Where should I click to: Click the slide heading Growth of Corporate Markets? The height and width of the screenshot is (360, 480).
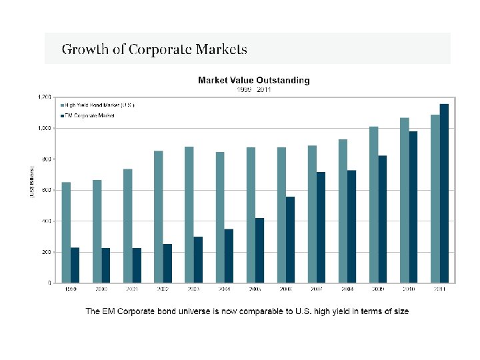(x=154, y=49)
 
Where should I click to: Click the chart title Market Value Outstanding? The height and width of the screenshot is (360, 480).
(x=253, y=80)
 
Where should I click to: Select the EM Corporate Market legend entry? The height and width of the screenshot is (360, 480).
(x=90, y=115)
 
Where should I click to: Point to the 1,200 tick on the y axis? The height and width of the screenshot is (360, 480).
(x=43, y=97)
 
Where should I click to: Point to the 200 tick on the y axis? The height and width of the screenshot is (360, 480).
(x=45, y=252)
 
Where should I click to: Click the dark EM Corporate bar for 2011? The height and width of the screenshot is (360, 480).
(x=445, y=193)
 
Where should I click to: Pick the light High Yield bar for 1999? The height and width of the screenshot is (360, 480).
(x=66, y=232)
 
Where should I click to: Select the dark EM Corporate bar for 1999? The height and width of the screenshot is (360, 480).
(x=75, y=265)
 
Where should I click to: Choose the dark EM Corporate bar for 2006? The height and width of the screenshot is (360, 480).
(x=290, y=239)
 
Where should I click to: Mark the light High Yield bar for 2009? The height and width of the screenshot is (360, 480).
(x=374, y=204)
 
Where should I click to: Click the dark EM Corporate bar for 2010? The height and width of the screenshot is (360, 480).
(x=413, y=207)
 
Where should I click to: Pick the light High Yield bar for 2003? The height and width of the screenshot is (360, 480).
(x=189, y=214)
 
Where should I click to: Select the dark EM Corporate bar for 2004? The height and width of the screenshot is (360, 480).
(x=229, y=255)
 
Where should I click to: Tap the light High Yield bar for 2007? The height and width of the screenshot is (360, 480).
(x=312, y=213)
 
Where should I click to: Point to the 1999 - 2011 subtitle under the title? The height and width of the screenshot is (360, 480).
(x=254, y=89)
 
